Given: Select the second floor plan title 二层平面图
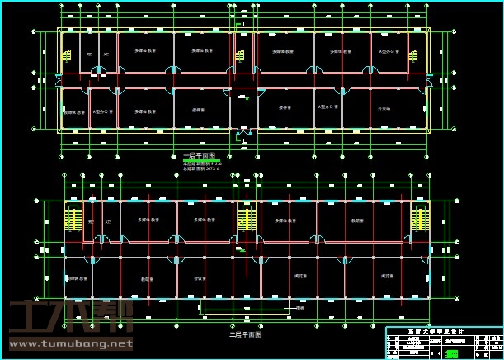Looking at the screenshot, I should [245, 335].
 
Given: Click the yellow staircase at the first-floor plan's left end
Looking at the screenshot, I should [65, 57].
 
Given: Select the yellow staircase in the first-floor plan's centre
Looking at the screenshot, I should [240, 56].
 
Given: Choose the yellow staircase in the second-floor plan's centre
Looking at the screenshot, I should [245, 220].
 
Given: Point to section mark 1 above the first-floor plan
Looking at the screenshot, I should [242, 25].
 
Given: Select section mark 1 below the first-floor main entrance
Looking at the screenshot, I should [244, 142].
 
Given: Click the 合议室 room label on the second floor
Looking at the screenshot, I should [198, 278].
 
